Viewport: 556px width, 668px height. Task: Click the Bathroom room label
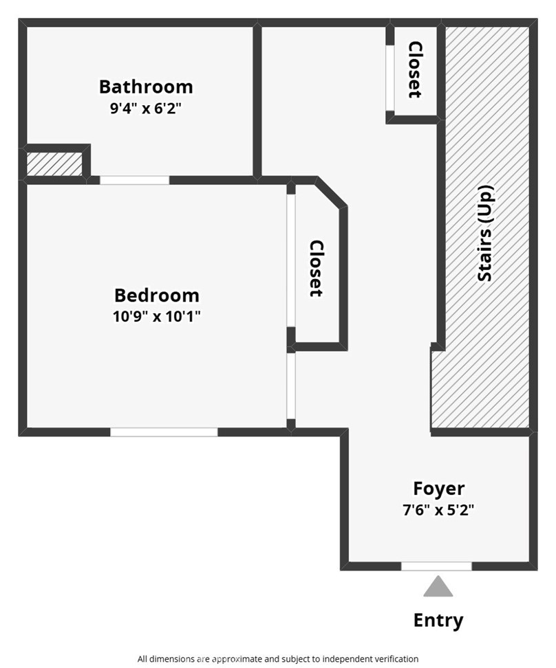click(x=146, y=87)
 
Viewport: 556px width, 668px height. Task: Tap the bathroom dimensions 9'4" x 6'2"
click(x=146, y=108)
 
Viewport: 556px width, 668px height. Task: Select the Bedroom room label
click(x=157, y=296)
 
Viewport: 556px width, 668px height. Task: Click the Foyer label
click(x=438, y=489)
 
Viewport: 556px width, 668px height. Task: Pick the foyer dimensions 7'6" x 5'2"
click(x=438, y=510)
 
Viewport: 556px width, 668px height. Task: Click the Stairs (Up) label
click(x=486, y=234)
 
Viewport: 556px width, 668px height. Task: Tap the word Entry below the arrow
click(x=438, y=620)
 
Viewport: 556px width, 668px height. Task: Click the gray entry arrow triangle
click(x=438, y=588)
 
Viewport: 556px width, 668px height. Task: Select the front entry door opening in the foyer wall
click(x=436, y=566)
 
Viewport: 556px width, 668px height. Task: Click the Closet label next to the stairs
click(x=415, y=69)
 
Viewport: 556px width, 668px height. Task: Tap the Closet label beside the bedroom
click(x=316, y=268)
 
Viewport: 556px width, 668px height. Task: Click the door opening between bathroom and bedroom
click(x=134, y=180)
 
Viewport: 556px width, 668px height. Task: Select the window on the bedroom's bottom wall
click(x=164, y=432)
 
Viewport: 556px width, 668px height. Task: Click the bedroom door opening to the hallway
click(x=291, y=386)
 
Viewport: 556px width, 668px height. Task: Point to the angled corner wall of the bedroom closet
click(x=330, y=193)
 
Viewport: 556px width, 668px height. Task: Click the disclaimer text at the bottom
click(x=278, y=658)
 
